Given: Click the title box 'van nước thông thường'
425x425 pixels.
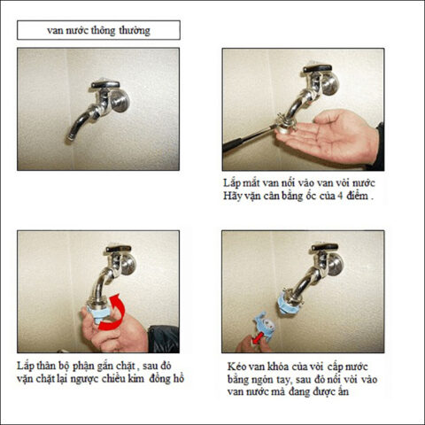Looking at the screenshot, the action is point(98,30).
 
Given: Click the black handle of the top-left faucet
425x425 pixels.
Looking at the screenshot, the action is point(105,84).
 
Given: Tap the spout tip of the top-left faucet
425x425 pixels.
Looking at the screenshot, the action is point(70,137).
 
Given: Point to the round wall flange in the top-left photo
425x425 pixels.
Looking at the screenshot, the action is point(120,101).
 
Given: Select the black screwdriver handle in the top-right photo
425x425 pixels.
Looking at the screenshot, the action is point(241,141).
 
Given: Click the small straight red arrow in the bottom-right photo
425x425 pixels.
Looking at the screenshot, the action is point(257,337).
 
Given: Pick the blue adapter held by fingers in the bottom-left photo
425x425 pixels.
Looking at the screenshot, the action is point(98,313).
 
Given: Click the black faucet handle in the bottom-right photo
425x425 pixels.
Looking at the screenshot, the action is point(325,247).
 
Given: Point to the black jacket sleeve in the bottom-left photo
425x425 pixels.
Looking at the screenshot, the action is point(163,339).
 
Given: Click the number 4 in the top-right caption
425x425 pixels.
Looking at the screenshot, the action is point(340,196).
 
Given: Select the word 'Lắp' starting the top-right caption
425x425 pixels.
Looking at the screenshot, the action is point(231,183).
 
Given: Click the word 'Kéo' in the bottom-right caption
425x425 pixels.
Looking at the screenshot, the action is point(236,367).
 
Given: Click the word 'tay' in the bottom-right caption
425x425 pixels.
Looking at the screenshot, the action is point(283,380).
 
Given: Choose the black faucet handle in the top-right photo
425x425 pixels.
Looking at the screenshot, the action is point(318,69).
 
